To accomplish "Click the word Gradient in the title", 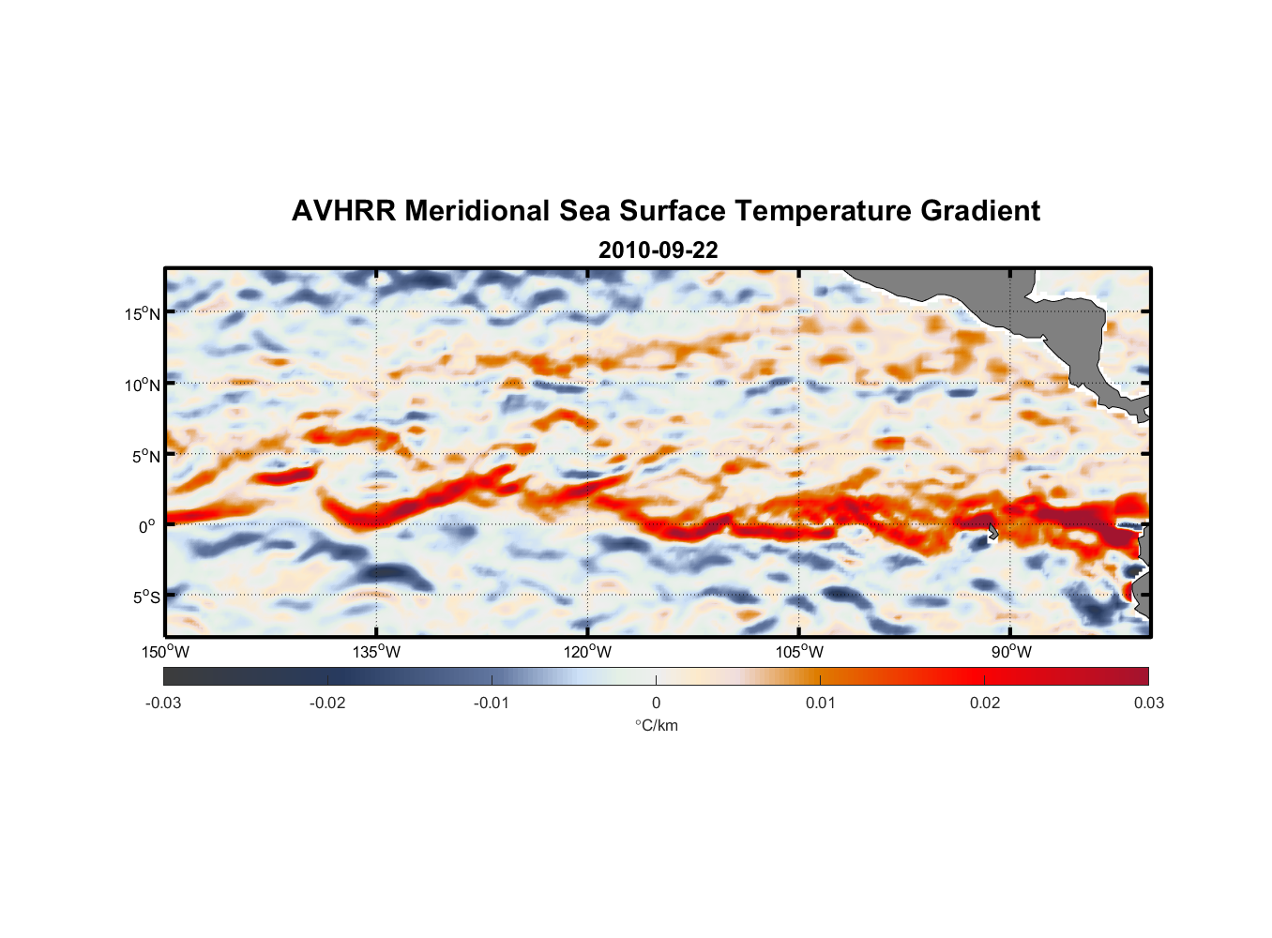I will [x=980, y=211].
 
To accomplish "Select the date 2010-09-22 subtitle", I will [x=658, y=250].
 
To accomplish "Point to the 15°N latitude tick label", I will [x=143, y=313].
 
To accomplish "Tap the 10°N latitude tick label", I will [x=143, y=385].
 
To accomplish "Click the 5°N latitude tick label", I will [x=145, y=456].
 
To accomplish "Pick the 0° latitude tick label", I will [x=147, y=526].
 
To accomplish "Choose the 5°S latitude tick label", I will [x=145, y=598].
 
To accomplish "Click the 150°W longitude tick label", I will [x=165, y=652].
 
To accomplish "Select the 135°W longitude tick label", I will [x=376, y=652].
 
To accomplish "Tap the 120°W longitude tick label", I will [x=587, y=652].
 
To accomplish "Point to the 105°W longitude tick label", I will [x=799, y=652].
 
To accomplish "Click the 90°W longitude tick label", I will [x=1011, y=652].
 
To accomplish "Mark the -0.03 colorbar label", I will [x=163, y=703].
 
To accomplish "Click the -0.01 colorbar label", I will [x=492, y=703].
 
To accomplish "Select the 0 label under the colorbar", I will [x=656, y=703].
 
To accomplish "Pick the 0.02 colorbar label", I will [x=985, y=703].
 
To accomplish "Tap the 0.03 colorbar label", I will [x=1148, y=703].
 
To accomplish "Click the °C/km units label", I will [x=656, y=725].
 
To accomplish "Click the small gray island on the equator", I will [x=992, y=531].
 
